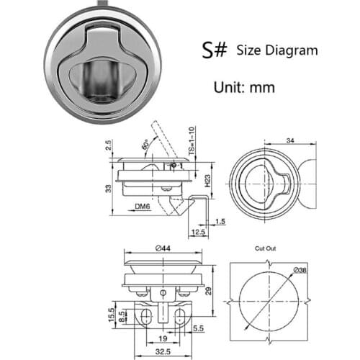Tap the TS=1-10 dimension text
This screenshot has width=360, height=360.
coord(193,143)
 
